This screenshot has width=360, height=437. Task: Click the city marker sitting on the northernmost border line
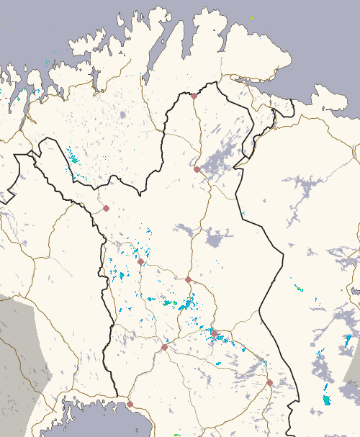point(194,96)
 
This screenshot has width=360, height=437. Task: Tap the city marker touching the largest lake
point(197,169)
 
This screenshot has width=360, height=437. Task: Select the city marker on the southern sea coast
point(130,404)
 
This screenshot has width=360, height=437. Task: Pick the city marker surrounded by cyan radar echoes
point(214,333)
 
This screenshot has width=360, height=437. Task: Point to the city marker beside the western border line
point(106,208)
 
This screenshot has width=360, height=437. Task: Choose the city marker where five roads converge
point(164,347)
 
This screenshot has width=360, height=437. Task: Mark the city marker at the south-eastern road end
point(269,382)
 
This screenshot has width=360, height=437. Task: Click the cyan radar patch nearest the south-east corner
point(327,398)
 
